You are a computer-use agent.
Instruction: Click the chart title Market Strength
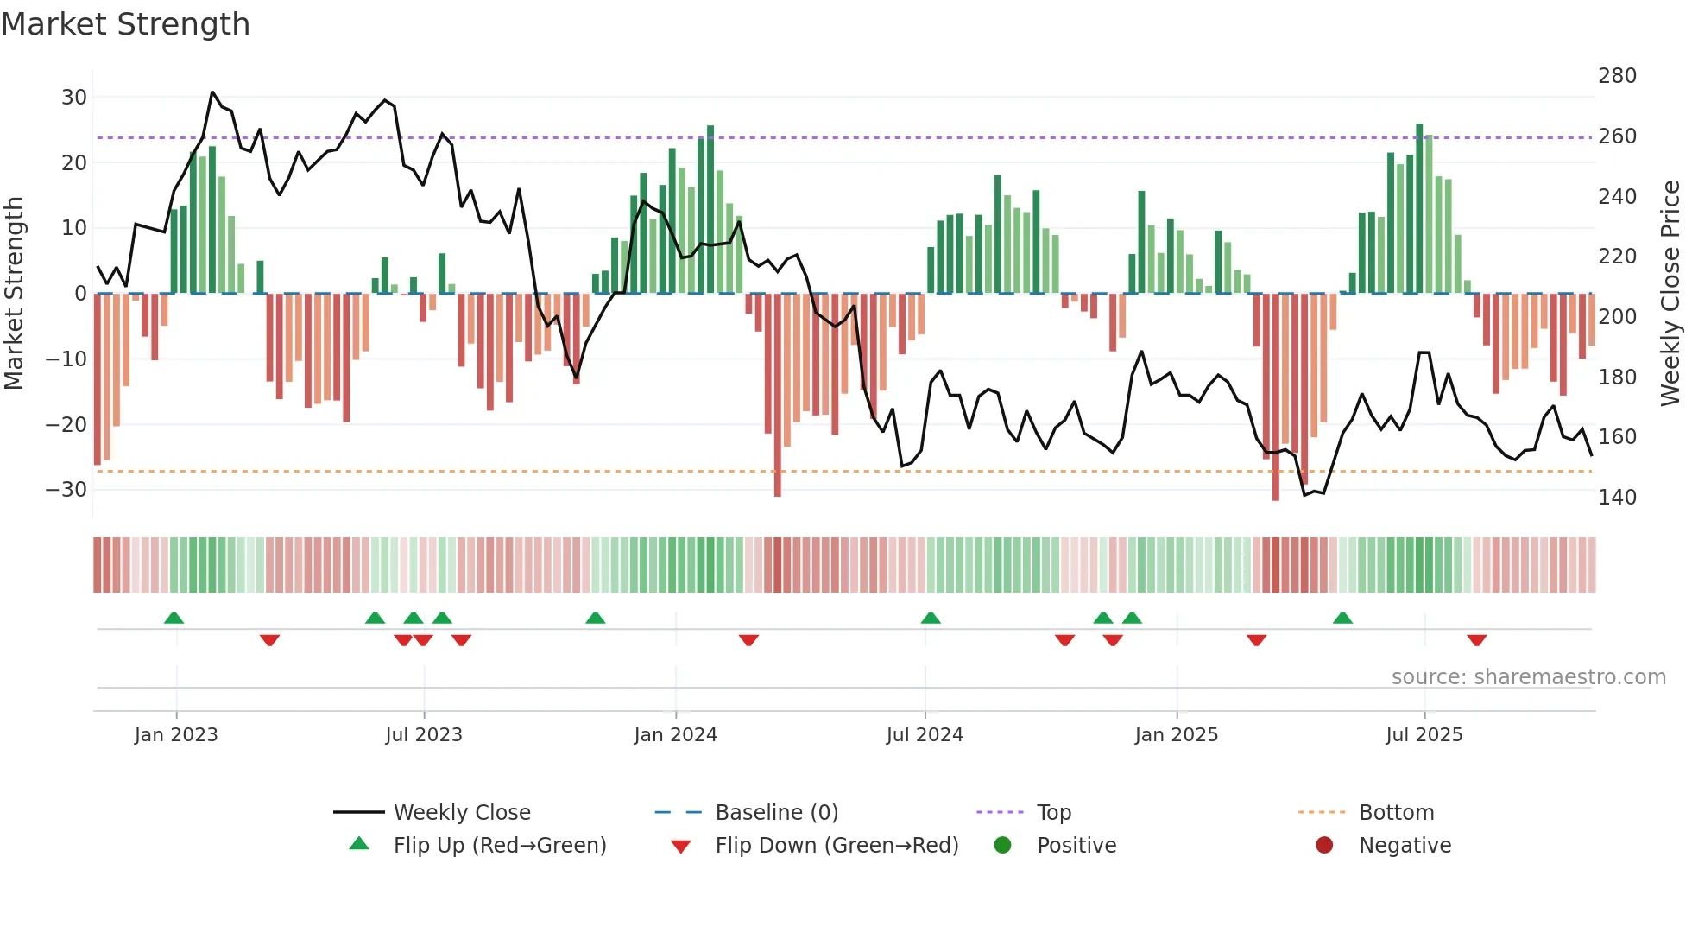(125, 24)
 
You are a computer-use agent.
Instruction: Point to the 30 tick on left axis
(73, 98)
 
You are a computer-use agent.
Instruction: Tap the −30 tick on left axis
(66, 490)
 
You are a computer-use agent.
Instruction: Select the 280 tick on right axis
(1617, 76)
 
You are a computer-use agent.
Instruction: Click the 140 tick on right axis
(1617, 498)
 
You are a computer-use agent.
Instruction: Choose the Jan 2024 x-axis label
(675, 735)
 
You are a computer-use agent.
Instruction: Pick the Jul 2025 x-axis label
(1424, 735)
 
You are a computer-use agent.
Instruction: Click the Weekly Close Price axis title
(1670, 294)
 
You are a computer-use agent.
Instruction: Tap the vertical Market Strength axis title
(15, 294)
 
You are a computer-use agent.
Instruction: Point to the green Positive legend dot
(1002, 846)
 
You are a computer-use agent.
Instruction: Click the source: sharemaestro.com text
(1528, 677)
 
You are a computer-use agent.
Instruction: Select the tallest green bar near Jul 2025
(1419, 207)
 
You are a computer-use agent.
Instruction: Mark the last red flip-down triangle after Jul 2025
(1476, 640)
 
